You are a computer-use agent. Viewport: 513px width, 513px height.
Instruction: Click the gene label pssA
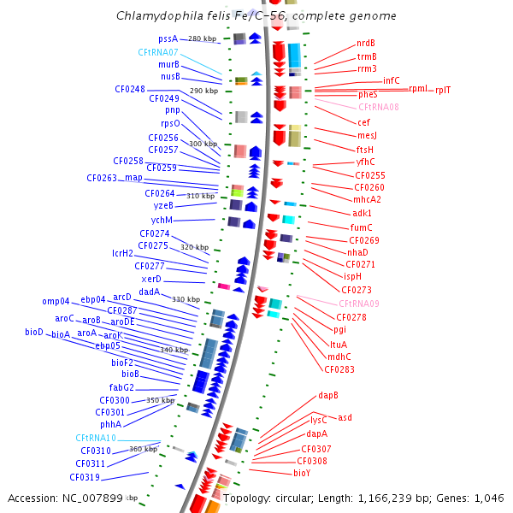pyautogui.click(x=168, y=38)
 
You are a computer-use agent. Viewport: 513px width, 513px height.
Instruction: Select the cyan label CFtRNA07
pyautogui.click(x=158, y=52)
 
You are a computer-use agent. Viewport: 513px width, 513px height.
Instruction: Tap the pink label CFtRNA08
pyautogui.click(x=379, y=107)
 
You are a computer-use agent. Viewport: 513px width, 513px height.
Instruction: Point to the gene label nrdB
pyautogui.click(x=366, y=44)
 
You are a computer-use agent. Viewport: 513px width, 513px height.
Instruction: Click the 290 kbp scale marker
pyautogui.click(x=203, y=91)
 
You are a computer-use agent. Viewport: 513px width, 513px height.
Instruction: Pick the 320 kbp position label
pyautogui.click(x=194, y=247)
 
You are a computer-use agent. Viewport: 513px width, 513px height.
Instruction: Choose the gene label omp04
pyautogui.click(x=56, y=301)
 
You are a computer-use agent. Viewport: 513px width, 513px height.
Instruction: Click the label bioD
pyautogui.click(x=34, y=332)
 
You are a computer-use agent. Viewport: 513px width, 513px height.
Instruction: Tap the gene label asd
pyautogui.click(x=345, y=417)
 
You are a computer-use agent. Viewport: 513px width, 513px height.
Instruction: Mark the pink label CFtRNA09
pyautogui.click(x=359, y=304)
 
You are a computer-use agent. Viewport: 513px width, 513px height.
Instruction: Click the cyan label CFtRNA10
pyautogui.click(x=96, y=438)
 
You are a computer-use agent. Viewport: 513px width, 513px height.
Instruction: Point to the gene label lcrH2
pyautogui.click(x=123, y=253)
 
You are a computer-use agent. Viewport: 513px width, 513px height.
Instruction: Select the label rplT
pyautogui.click(x=443, y=90)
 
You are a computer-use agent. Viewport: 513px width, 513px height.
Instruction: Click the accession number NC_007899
pyautogui.click(x=91, y=498)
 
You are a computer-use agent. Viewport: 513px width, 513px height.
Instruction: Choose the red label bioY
pyautogui.click(x=302, y=472)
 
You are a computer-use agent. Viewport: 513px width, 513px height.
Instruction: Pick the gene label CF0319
pyautogui.click(x=85, y=477)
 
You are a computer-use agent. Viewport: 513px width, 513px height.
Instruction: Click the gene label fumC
pyautogui.click(x=361, y=227)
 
